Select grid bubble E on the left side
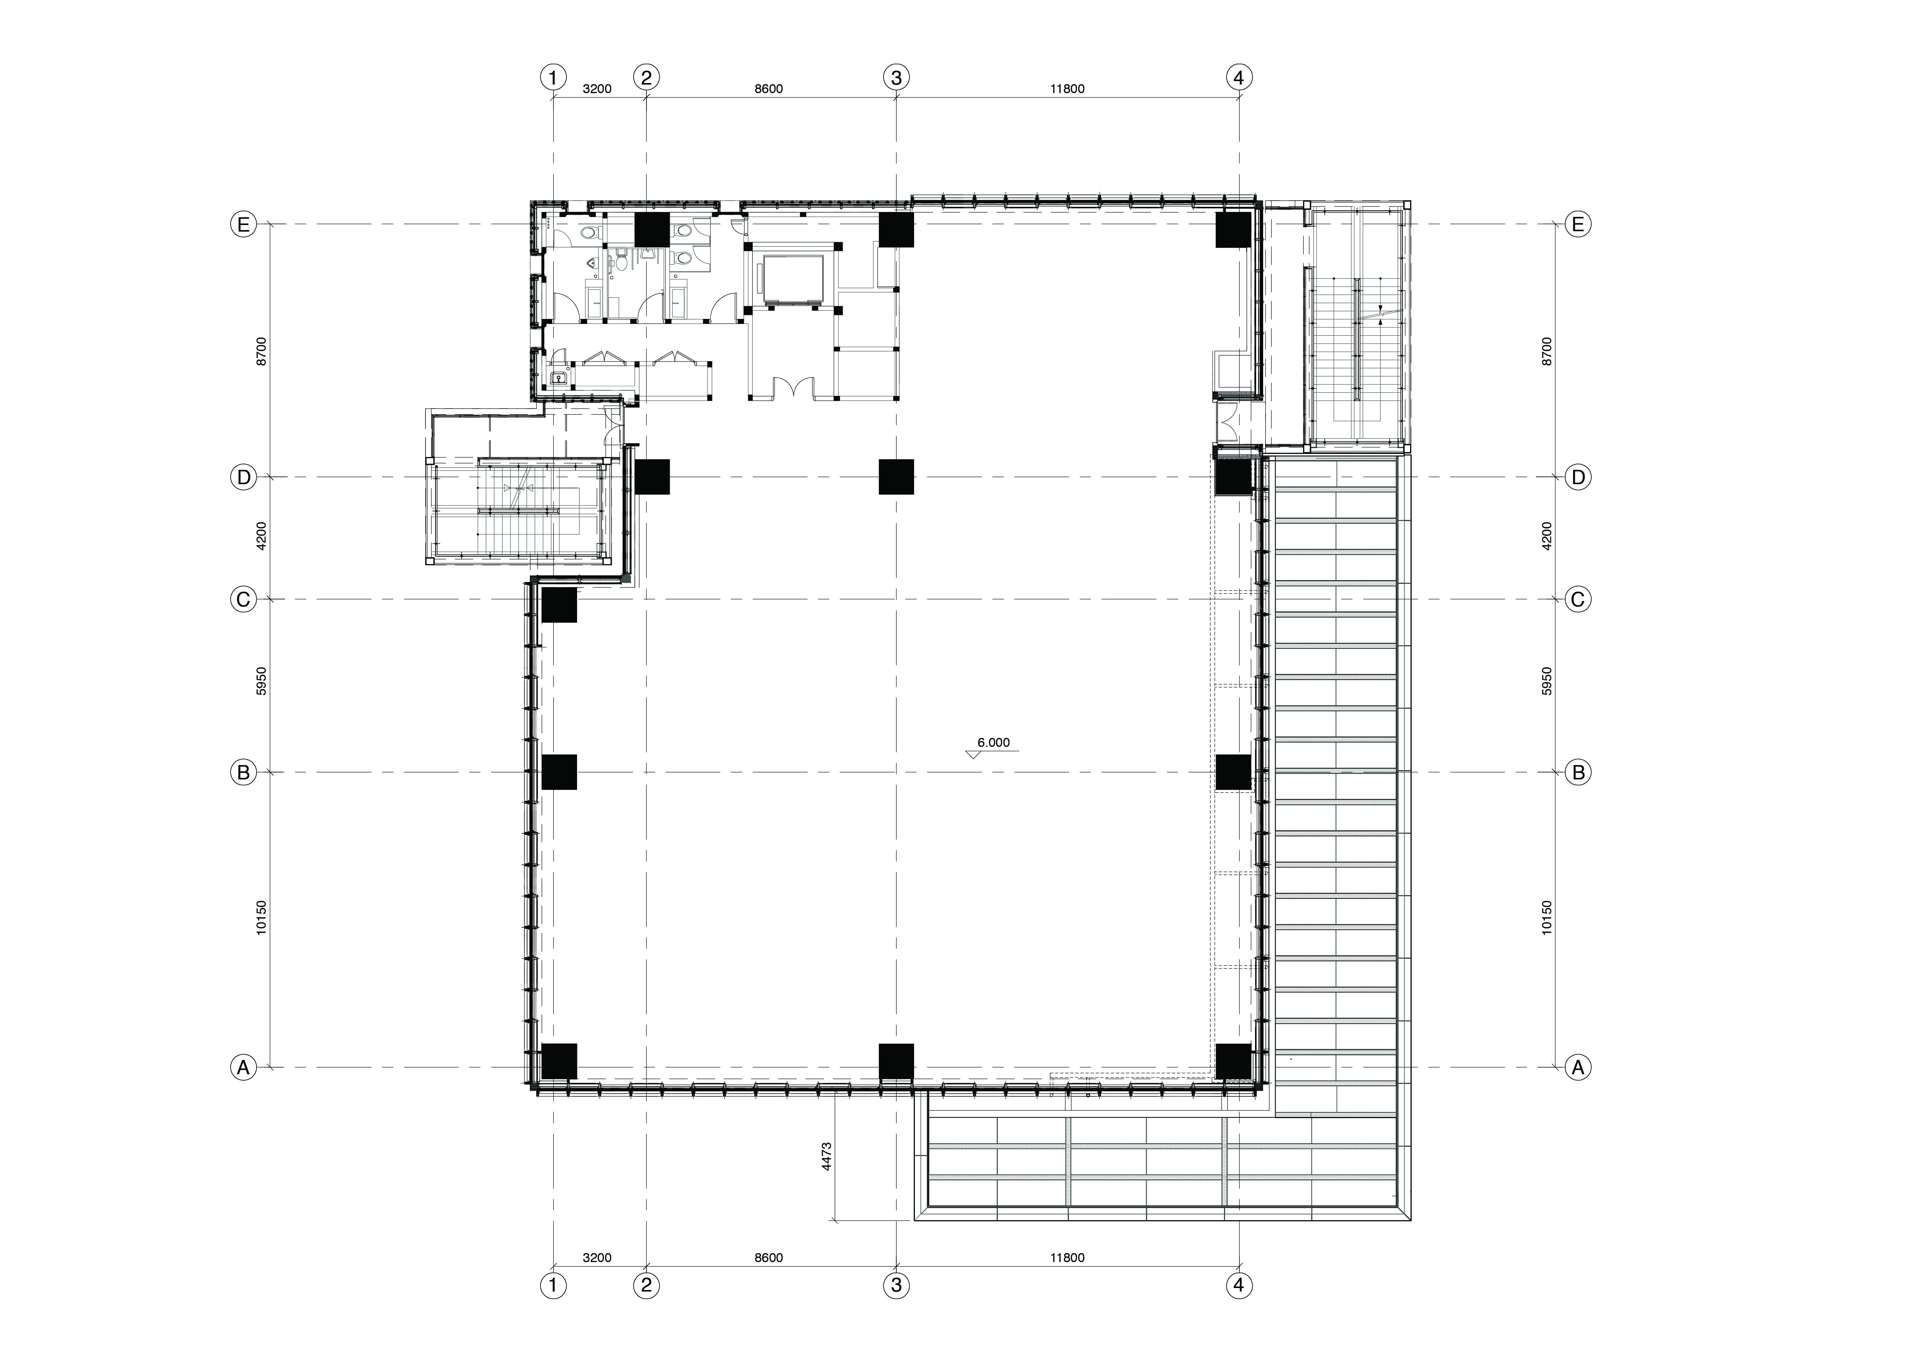[243, 225]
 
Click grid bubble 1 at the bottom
[553, 1286]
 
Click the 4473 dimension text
[826, 1157]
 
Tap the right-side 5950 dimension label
[1547, 681]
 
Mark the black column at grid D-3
[896, 477]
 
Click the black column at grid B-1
[559, 772]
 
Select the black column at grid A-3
[896, 1061]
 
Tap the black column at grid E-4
[1233, 230]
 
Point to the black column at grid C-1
[559, 605]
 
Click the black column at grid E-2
[652, 230]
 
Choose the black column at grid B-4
[1233, 772]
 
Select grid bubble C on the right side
[1578, 599]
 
